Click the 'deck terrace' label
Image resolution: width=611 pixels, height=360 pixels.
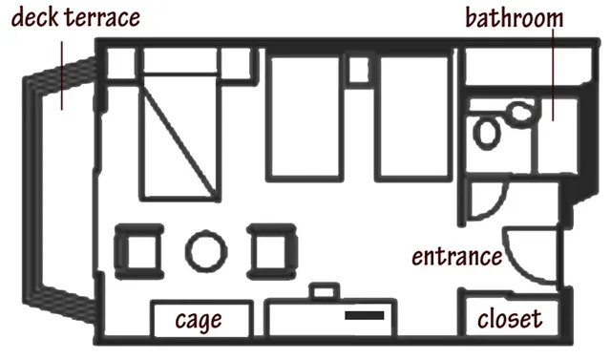[x=75, y=18]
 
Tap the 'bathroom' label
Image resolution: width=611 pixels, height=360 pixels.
[x=515, y=17]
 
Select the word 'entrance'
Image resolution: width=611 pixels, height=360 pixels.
[x=457, y=257]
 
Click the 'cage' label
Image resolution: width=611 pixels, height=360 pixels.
[x=199, y=320]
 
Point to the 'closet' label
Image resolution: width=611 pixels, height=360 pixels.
[x=510, y=319]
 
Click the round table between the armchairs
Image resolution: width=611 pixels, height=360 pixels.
[x=206, y=251]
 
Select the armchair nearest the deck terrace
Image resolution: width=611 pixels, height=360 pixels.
[x=139, y=252]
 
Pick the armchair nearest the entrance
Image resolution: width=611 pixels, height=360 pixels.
[x=272, y=252]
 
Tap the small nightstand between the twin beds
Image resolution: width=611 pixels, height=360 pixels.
[x=359, y=70]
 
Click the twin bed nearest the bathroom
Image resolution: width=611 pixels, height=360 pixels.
[x=414, y=118]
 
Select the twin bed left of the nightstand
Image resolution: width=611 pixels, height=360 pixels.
[x=305, y=118]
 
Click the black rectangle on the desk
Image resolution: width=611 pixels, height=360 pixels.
[x=365, y=315]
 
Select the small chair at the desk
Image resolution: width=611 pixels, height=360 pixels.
[x=324, y=291]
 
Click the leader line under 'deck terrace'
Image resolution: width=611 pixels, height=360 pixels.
[x=61, y=76]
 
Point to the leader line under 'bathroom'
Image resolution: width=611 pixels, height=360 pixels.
[x=553, y=75]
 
